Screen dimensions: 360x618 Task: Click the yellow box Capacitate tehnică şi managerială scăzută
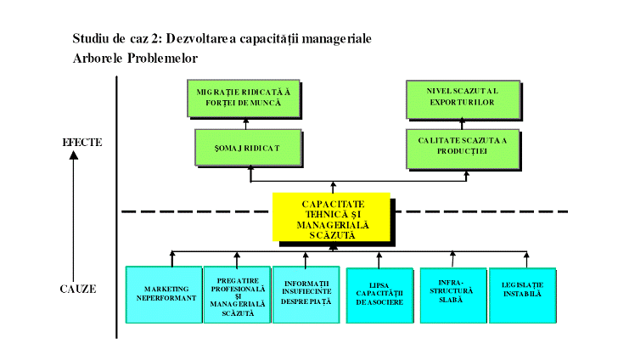coord(332,217)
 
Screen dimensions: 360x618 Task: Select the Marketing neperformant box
coord(163,294)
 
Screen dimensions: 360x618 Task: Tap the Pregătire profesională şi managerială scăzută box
coord(236,294)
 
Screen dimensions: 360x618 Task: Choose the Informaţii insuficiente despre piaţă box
coord(306,294)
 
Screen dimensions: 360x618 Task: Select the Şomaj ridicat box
coord(248,148)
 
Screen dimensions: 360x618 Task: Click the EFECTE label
coord(82,142)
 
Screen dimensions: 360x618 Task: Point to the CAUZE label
coord(78,289)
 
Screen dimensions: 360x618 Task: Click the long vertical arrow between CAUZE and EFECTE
coord(73,212)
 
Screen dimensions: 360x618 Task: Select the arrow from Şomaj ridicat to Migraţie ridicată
coord(245,124)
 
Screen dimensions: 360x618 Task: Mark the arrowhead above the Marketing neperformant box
coord(172,254)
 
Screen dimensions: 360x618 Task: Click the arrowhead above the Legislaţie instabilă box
coord(527,254)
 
